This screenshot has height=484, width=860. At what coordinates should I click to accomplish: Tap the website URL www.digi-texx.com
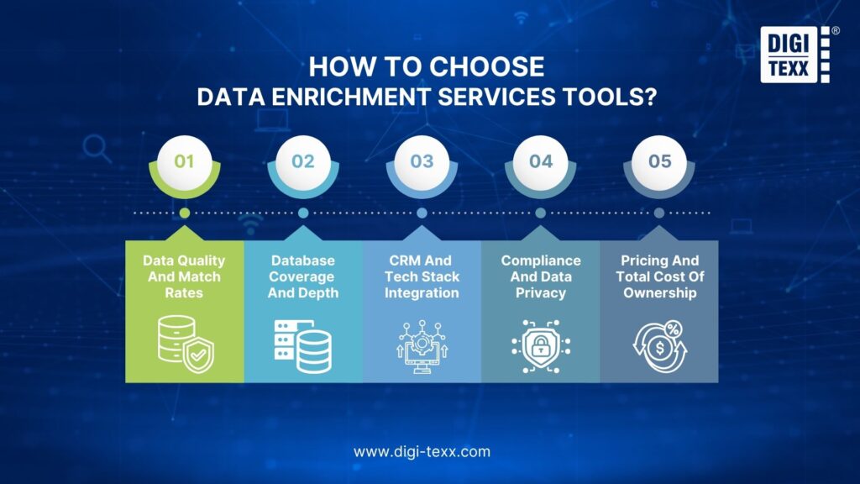click(422, 451)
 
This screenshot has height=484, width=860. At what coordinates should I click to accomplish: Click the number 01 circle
click(184, 160)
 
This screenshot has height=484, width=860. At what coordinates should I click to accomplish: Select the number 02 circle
click(303, 160)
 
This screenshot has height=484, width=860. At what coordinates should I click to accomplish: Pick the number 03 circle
click(422, 160)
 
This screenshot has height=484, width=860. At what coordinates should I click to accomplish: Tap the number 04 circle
click(540, 160)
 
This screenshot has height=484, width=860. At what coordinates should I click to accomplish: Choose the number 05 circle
click(659, 160)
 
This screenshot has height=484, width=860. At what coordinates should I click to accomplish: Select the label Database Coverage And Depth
click(303, 276)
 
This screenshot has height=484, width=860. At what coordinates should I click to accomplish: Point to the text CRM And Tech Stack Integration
click(422, 276)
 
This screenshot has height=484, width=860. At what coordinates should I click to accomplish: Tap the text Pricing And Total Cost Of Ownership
click(659, 276)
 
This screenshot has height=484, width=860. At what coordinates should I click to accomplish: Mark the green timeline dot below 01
click(185, 213)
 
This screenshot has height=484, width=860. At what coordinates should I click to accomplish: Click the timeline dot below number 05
click(659, 213)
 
